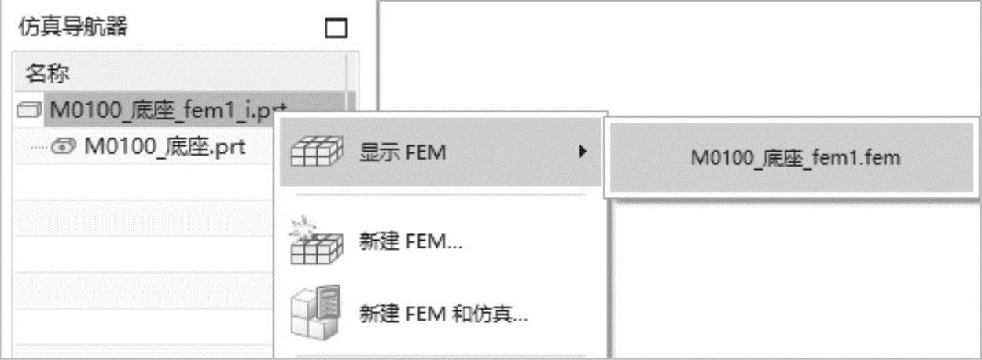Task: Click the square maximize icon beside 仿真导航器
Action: tap(336, 28)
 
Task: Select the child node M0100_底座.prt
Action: tap(165, 146)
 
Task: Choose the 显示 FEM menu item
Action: tap(403, 152)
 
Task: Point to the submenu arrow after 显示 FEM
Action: tap(583, 151)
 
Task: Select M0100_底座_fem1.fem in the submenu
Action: tap(796, 157)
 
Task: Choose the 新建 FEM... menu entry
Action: tap(410, 242)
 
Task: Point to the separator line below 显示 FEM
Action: tap(440, 195)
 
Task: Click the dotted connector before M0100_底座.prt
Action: tap(39, 147)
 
